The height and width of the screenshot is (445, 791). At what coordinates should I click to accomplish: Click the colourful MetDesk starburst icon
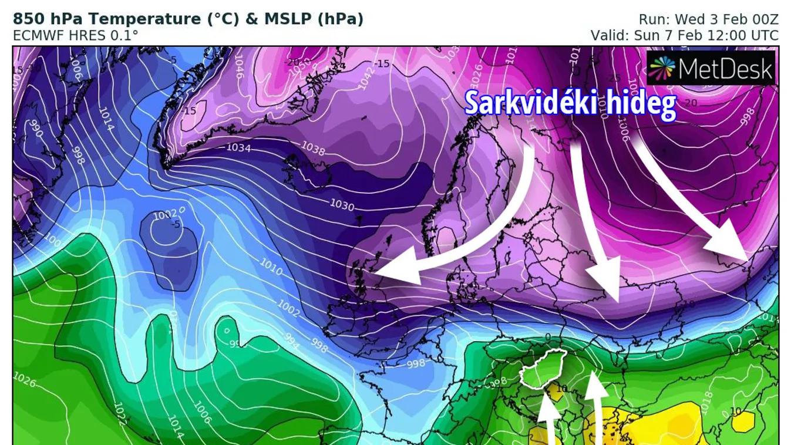(x=662, y=68)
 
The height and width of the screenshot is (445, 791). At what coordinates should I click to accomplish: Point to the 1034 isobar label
(x=239, y=147)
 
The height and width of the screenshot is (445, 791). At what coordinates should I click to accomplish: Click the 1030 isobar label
(x=342, y=205)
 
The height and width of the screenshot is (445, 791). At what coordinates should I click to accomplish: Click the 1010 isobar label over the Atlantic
(x=271, y=269)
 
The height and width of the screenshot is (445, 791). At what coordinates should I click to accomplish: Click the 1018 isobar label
(x=706, y=402)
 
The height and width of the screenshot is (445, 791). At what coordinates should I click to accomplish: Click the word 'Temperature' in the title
(x=128, y=19)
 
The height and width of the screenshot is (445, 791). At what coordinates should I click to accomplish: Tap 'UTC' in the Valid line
(x=764, y=35)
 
